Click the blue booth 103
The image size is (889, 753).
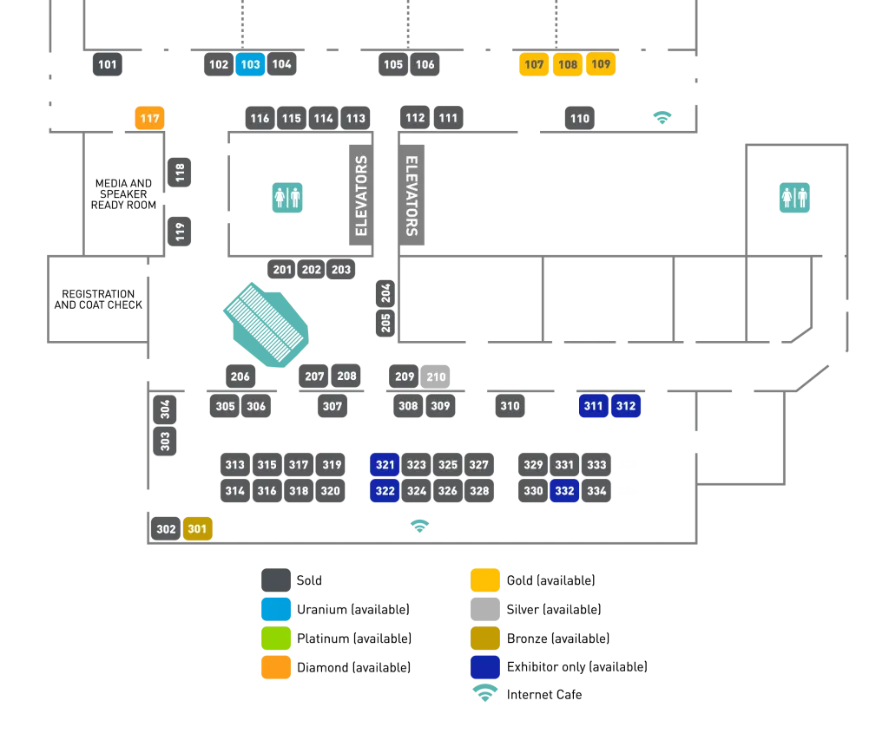[250, 64]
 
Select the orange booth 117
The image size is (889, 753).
[149, 118]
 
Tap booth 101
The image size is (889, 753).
[108, 64]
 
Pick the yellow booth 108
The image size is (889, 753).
[568, 64]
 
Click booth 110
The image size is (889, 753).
[580, 118]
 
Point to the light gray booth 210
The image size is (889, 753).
[436, 376]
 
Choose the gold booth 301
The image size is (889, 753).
[198, 528]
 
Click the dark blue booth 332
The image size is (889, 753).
[564, 491]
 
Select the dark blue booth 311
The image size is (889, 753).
[594, 406]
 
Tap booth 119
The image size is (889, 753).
[181, 232]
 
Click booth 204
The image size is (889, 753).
[386, 292]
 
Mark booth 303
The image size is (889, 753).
[166, 441]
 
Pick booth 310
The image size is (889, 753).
[510, 406]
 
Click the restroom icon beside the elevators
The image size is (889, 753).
[287, 198]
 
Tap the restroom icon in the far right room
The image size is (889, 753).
[794, 198]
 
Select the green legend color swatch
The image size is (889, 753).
[276, 638]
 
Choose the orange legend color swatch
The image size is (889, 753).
[276, 667]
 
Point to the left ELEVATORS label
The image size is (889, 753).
[362, 195]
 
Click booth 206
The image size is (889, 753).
[240, 376]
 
